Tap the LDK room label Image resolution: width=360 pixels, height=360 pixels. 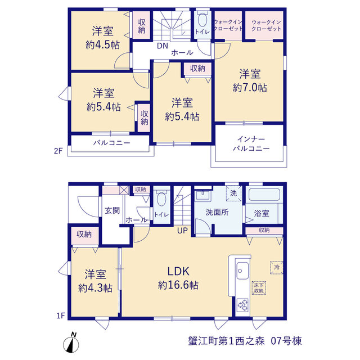pos(178,271)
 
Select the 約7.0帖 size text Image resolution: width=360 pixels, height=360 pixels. pos(250,88)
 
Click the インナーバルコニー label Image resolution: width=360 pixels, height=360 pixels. pos(251,144)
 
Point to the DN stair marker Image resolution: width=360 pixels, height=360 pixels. pos(163,46)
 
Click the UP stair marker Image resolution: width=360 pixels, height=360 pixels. pos(182,231)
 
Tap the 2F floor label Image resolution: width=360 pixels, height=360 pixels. pos(58,151)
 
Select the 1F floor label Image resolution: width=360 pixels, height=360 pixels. pos(61,316)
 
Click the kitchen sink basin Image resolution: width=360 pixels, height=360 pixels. pos(242,271)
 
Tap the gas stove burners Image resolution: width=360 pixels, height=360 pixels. pos(242,305)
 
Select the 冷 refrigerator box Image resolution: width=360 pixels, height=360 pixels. pos(277,268)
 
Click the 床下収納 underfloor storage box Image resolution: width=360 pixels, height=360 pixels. pos(259,288)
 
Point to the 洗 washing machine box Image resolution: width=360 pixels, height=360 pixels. pos(233,193)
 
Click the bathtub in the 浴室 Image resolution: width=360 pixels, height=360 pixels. pos(264,195)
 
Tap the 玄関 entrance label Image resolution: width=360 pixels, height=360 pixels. pos(112,210)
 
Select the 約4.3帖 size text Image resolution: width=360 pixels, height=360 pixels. pos(95,288)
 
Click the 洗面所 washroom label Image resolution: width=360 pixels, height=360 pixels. pos(217,213)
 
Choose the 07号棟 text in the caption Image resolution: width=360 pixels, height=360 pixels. pos(286,341)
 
